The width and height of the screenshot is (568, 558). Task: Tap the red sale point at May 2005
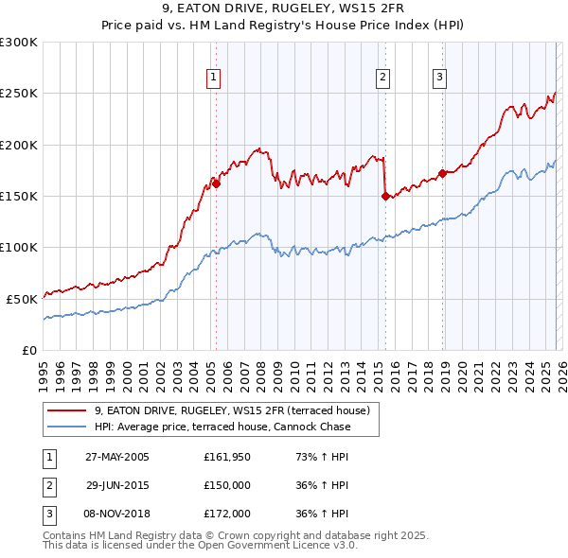[x=217, y=184]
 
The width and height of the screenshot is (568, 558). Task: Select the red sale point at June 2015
[x=385, y=197]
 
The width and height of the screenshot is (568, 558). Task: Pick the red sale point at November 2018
[x=442, y=174]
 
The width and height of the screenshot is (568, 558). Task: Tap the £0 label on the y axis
[x=29, y=350]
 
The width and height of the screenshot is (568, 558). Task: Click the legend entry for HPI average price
[x=222, y=427]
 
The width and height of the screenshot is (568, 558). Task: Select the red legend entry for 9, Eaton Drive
[x=237, y=410]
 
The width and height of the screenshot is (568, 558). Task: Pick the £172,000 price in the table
[x=228, y=514]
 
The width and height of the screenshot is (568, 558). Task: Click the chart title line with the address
[x=283, y=12]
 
